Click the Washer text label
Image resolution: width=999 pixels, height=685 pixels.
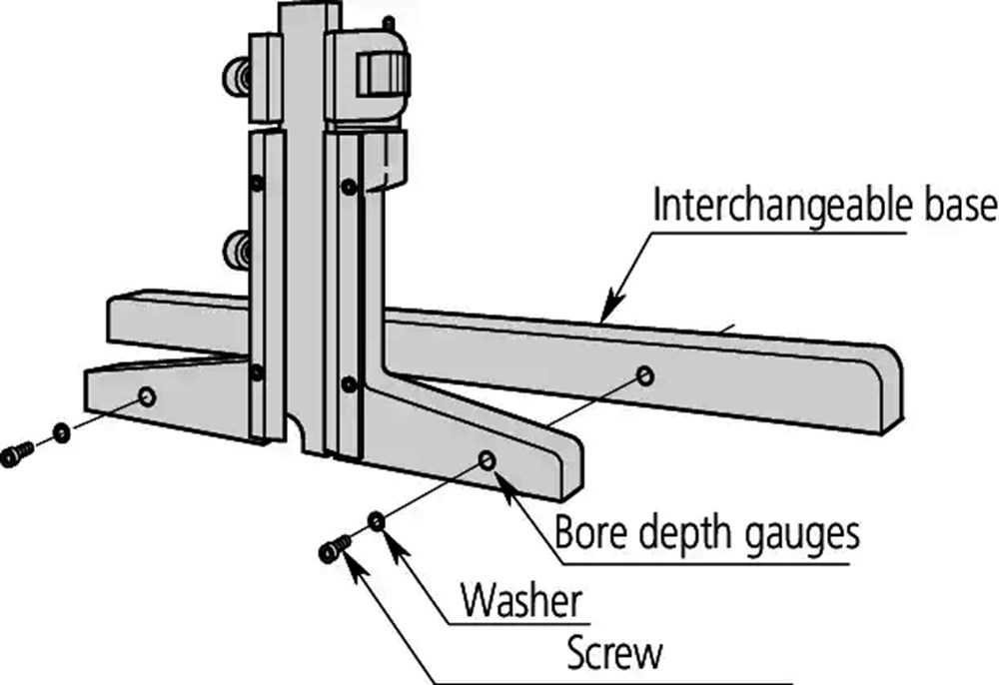pyautogui.click(x=520, y=602)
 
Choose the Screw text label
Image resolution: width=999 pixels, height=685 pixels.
pyautogui.click(x=614, y=654)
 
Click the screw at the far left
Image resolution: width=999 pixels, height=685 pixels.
pyautogui.click(x=15, y=455)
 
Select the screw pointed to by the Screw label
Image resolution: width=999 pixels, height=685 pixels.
pyautogui.click(x=334, y=548)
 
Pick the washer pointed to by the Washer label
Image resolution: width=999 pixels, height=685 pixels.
pyautogui.click(x=377, y=521)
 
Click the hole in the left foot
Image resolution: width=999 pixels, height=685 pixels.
pyautogui.click(x=148, y=396)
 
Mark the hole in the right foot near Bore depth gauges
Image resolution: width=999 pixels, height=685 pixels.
pyautogui.click(x=488, y=458)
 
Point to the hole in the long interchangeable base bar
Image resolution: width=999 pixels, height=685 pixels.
pyautogui.click(x=644, y=375)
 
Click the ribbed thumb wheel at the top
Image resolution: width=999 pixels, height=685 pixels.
pyautogui.click(x=383, y=75)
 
